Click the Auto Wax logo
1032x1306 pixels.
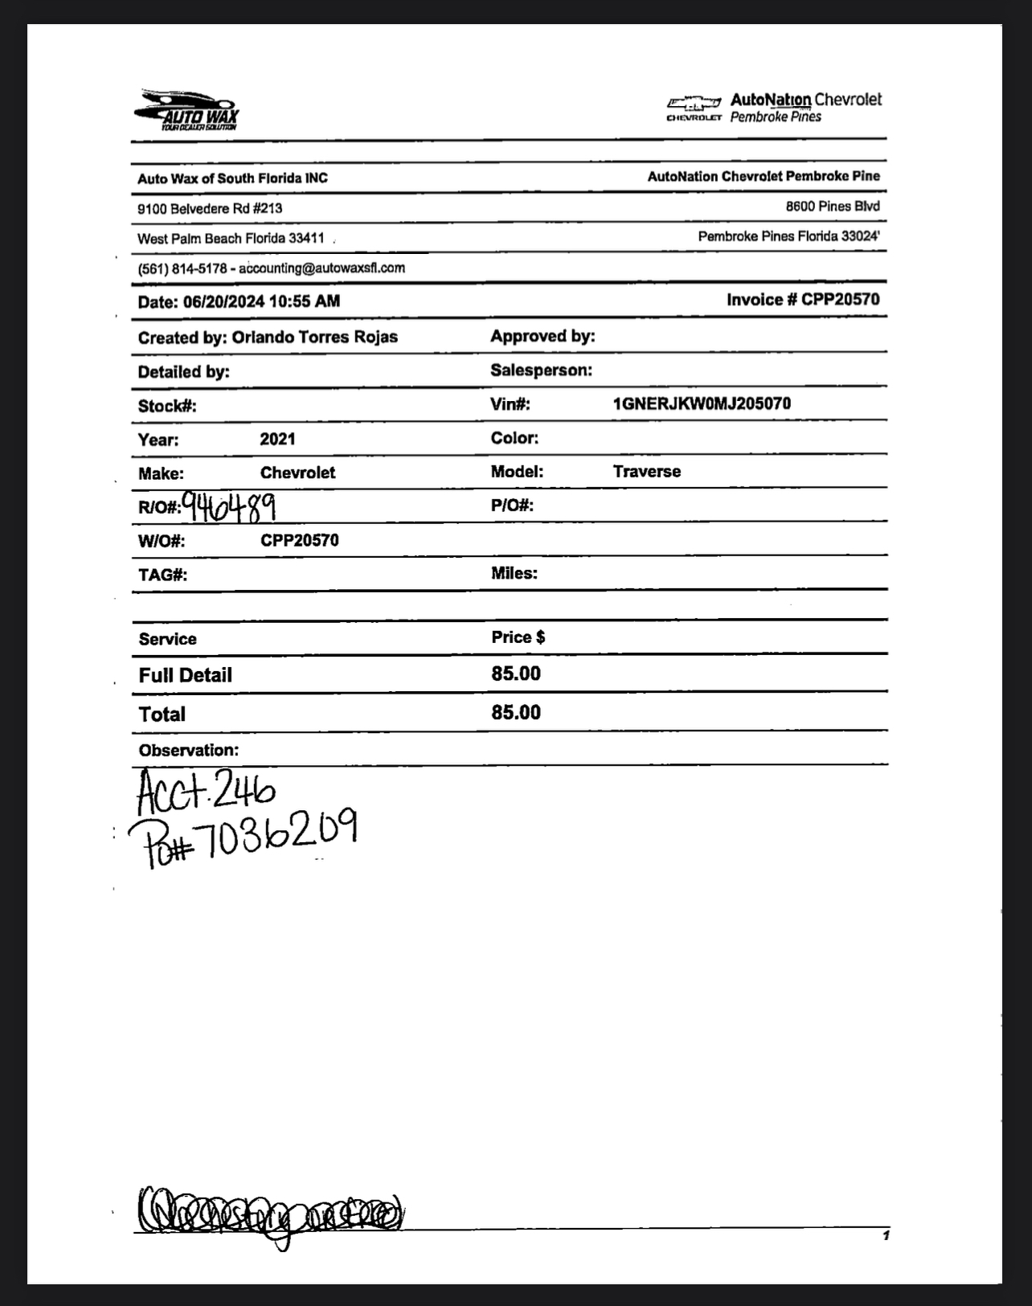click(186, 110)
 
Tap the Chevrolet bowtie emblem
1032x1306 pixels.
click(694, 103)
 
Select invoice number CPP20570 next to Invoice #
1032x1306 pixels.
click(840, 300)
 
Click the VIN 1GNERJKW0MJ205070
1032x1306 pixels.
click(702, 403)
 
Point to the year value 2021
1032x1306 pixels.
click(277, 439)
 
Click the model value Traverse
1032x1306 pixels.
click(646, 472)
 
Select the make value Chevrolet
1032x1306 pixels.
click(297, 473)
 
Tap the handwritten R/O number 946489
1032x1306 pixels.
click(230, 506)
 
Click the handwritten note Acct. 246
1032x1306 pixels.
click(206, 791)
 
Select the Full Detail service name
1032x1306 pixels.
click(185, 675)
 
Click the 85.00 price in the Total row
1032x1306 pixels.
click(516, 713)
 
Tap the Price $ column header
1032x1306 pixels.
click(518, 637)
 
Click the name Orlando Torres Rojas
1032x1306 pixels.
click(314, 337)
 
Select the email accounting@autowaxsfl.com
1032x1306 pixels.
click(321, 268)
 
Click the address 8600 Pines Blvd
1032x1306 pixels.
click(833, 207)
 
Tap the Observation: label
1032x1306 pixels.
click(188, 751)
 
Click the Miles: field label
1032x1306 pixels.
click(514, 573)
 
